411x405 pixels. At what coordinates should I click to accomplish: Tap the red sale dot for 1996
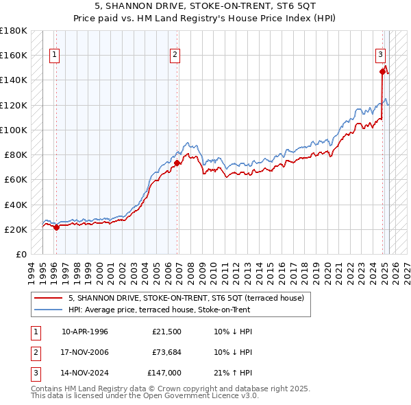click(x=56, y=227)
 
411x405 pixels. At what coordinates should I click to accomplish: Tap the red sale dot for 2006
click(x=177, y=163)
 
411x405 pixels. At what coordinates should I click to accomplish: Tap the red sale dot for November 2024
click(x=382, y=70)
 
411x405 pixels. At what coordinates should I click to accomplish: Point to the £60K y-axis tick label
click(x=15, y=179)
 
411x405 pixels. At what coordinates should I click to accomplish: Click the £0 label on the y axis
click(x=21, y=254)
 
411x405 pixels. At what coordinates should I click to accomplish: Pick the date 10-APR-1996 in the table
click(x=85, y=332)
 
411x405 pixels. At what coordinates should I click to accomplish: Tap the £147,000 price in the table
click(x=165, y=374)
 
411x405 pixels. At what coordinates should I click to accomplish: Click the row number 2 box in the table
click(x=35, y=353)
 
